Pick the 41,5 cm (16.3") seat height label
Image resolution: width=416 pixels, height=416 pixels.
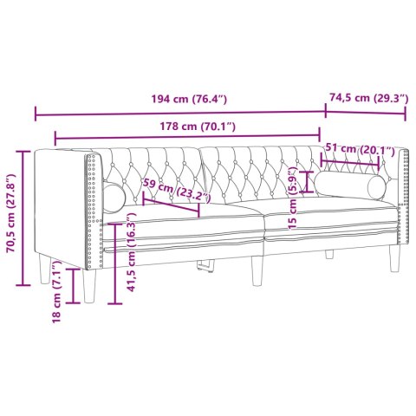click(130, 257)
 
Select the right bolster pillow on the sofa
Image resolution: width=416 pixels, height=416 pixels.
click(351, 185)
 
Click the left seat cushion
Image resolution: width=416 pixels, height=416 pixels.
click(186, 227)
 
